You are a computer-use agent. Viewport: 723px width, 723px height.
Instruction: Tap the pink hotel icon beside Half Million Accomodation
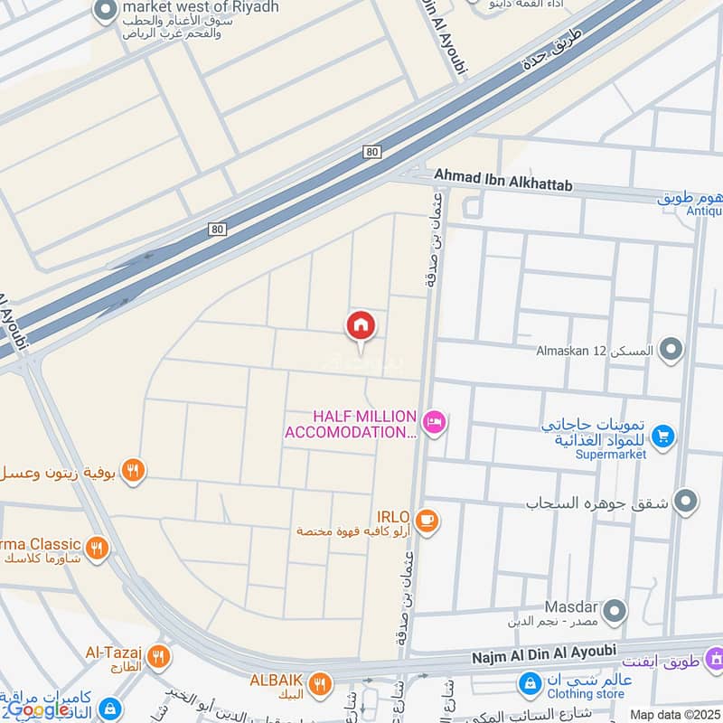[x=435, y=422]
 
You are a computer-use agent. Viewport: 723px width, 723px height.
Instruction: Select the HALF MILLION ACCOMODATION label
[x=351, y=424]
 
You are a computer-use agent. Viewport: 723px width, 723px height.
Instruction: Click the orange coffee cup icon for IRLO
[x=428, y=520]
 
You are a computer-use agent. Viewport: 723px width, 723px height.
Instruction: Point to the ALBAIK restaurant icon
[x=318, y=684]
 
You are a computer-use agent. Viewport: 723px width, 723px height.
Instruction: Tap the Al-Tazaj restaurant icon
[x=159, y=656]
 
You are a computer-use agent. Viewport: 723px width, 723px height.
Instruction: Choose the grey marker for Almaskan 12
[x=671, y=349]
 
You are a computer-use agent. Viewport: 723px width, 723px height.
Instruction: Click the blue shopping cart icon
[x=663, y=437]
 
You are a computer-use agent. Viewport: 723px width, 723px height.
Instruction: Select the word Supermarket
[x=611, y=455]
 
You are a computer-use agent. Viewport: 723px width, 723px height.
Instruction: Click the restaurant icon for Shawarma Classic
[x=98, y=548]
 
